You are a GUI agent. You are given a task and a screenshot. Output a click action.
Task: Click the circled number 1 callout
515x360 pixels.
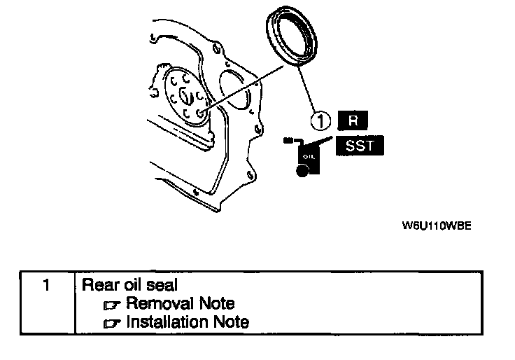click(321, 122)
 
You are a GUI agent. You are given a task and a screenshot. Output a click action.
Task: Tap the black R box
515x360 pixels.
click(353, 120)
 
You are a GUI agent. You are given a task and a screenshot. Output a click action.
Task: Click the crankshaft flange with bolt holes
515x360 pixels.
click(185, 98)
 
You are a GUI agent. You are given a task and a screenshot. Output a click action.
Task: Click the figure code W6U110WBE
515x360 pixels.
click(432, 226)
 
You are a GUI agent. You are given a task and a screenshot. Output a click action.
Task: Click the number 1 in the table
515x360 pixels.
click(46, 285)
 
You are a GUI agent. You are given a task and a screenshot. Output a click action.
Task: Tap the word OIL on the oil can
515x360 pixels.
click(309, 155)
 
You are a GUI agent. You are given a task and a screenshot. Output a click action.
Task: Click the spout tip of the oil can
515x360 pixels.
click(287, 141)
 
